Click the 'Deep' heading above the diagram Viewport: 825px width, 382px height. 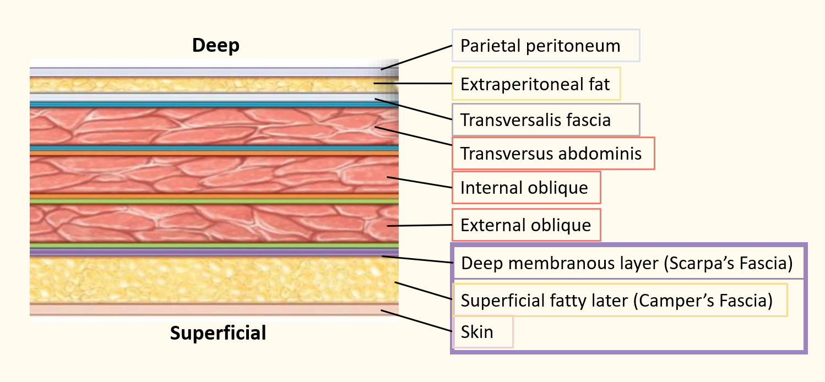[216, 46]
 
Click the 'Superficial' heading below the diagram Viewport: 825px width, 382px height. [218, 333]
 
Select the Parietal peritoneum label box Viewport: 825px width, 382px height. [546, 45]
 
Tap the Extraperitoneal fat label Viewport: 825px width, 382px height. [536, 84]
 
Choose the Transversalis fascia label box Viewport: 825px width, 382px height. [546, 119]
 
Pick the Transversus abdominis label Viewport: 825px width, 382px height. [553, 154]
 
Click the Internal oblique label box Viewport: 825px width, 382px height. [527, 187]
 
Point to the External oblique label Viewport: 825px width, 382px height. [527, 225]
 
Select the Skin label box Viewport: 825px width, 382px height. [482, 331]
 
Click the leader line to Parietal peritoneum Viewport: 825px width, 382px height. [416, 57]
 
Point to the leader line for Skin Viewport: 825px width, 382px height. [416, 321]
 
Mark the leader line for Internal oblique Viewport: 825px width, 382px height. [420, 182]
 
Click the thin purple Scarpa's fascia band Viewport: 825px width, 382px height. [214, 252]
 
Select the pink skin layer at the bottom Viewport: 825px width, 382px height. [214, 309]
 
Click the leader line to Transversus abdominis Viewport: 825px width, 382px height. [414, 136]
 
